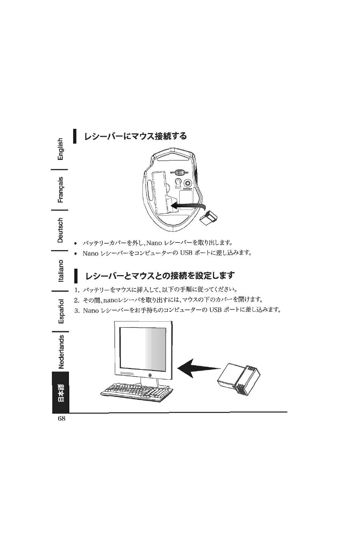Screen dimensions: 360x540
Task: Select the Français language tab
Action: click(x=61, y=189)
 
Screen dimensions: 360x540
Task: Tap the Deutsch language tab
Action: click(x=61, y=230)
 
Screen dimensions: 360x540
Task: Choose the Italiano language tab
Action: click(x=61, y=271)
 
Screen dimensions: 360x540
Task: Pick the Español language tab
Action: click(x=61, y=311)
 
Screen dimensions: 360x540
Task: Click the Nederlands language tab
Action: click(x=61, y=351)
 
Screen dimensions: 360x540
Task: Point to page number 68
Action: click(x=61, y=419)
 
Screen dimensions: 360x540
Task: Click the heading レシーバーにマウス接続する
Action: click(x=135, y=136)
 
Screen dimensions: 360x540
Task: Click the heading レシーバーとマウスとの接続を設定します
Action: click(x=160, y=275)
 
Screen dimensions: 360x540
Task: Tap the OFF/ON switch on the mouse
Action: click(x=180, y=172)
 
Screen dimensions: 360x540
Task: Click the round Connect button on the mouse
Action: click(x=188, y=183)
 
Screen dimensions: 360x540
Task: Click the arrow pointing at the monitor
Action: click(x=199, y=368)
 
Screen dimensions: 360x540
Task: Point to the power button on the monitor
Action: click(x=150, y=375)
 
